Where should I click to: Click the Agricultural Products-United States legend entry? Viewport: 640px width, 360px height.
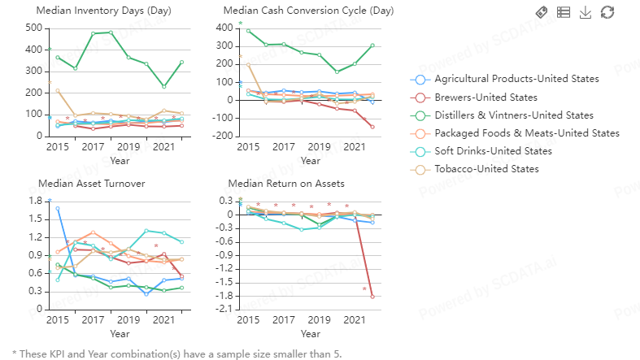(516, 79)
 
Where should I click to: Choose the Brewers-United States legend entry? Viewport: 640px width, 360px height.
(485, 98)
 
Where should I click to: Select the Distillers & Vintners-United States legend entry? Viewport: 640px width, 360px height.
(514, 115)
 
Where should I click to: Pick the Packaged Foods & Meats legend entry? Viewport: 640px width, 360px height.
(527, 133)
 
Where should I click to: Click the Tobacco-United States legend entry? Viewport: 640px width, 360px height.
(486, 169)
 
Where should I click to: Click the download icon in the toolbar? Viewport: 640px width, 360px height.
(585, 12)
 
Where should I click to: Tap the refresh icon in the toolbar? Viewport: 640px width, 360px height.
(607, 12)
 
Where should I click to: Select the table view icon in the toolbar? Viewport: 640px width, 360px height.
(564, 12)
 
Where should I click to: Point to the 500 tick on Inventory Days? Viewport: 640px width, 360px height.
(33, 28)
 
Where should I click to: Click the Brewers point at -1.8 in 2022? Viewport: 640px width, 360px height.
(372, 297)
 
